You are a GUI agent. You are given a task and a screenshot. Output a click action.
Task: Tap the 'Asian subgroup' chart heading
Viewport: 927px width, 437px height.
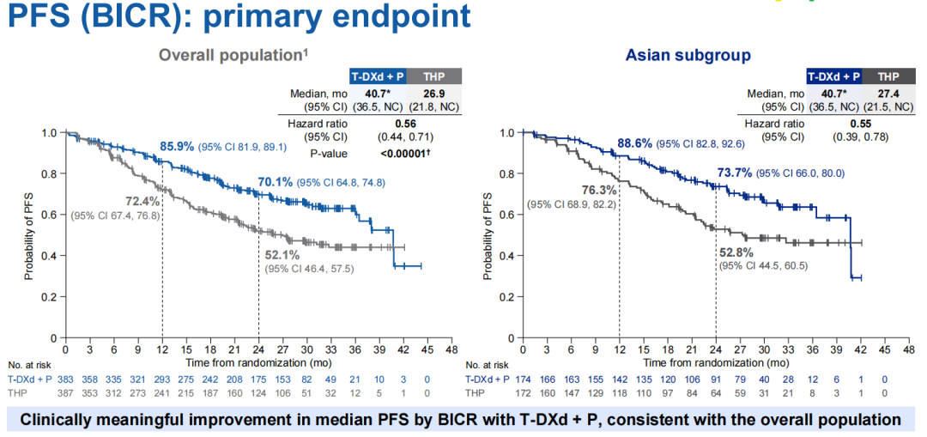[688, 56]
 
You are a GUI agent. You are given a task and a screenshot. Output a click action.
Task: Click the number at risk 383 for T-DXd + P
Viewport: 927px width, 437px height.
[65, 379]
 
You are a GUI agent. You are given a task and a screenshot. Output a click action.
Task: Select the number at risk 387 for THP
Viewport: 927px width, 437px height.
[65, 391]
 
